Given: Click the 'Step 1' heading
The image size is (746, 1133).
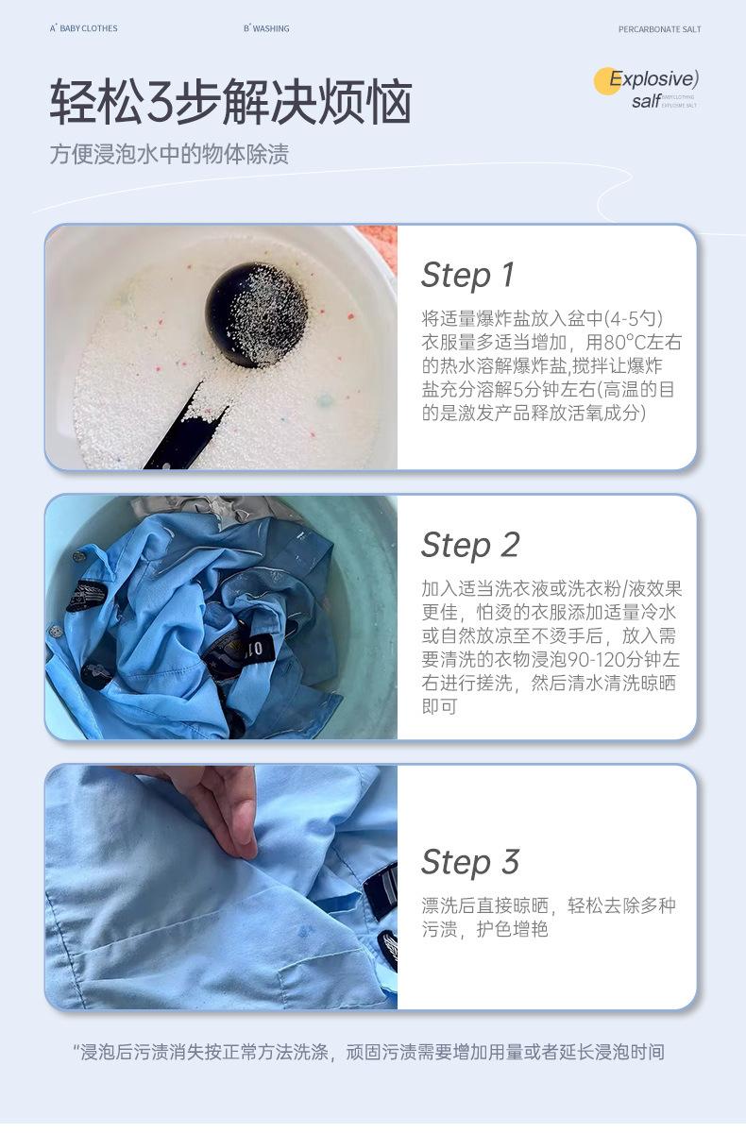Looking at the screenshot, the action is click(x=467, y=275).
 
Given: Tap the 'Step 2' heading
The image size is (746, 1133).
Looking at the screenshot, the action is click(x=470, y=546).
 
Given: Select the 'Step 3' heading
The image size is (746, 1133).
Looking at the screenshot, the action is click(x=470, y=862).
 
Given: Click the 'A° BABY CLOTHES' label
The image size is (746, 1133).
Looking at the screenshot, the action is click(x=83, y=28).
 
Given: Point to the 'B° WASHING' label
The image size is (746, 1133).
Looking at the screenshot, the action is click(x=266, y=28).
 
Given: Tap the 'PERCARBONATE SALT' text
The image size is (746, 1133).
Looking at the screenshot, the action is click(x=659, y=29).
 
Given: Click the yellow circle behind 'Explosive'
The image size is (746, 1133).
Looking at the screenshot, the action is click(x=607, y=81).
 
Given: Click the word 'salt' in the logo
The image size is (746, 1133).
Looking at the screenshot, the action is click(x=646, y=102).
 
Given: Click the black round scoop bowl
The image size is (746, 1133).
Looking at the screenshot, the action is click(x=257, y=313).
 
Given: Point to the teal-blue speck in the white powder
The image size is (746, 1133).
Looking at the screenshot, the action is click(x=324, y=401).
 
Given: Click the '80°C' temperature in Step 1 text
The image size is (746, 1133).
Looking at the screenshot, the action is click(x=623, y=343).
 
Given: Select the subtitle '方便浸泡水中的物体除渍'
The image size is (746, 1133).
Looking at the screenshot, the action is click(x=169, y=154).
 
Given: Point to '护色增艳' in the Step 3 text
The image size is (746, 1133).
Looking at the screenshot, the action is click(x=513, y=929).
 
